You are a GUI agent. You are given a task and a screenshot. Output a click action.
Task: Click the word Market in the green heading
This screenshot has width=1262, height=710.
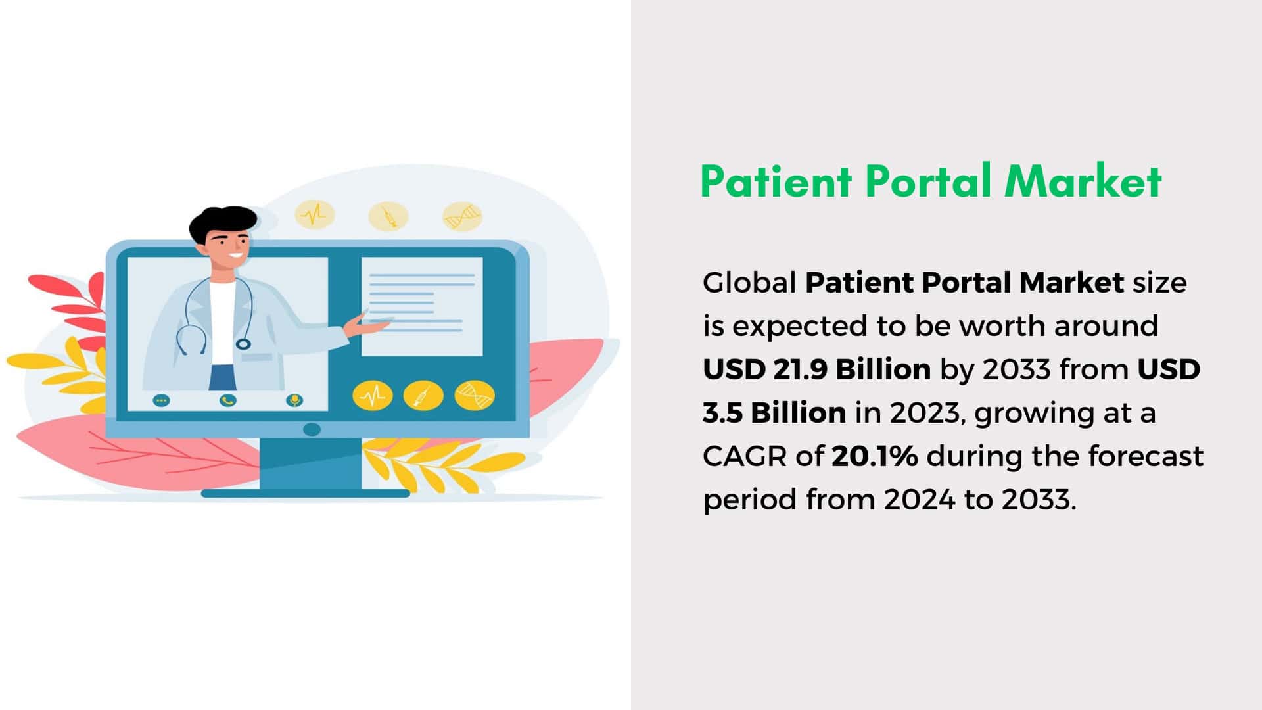(1083, 181)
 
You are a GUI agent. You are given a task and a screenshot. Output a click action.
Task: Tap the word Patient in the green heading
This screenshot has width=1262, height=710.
(776, 181)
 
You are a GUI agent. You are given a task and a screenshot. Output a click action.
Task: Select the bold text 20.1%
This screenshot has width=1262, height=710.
(874, 456)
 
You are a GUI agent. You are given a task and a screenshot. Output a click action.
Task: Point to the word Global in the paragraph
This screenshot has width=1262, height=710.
(749, 283)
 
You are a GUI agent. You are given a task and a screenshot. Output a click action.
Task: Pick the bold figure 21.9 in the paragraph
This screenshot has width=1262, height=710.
(799, 369)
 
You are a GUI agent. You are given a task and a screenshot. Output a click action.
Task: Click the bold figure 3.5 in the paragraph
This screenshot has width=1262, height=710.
(722, 413)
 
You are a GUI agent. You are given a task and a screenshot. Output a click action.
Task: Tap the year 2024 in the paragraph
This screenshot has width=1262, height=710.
(919, 500)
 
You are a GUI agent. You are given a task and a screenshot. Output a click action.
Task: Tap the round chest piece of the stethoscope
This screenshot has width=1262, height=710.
(243, 343)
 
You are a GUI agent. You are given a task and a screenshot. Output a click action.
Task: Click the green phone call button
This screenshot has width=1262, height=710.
(227, 400)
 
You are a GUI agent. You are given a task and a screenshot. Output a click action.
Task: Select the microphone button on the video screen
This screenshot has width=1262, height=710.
(294, 400)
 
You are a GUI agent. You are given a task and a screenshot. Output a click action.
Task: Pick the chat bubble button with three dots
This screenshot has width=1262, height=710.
(161, 400)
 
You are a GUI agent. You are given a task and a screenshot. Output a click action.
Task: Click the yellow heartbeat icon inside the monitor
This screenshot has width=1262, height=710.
(373, 396)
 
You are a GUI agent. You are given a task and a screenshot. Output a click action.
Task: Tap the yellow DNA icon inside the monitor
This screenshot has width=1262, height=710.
(475, 395)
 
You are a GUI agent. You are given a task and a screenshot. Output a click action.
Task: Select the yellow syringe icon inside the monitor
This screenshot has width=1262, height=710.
(423, 396)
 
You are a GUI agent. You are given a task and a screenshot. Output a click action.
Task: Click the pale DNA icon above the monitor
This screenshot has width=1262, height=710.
(462, 216)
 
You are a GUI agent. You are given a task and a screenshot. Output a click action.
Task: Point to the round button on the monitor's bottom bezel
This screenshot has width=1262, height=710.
(312, 429)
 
